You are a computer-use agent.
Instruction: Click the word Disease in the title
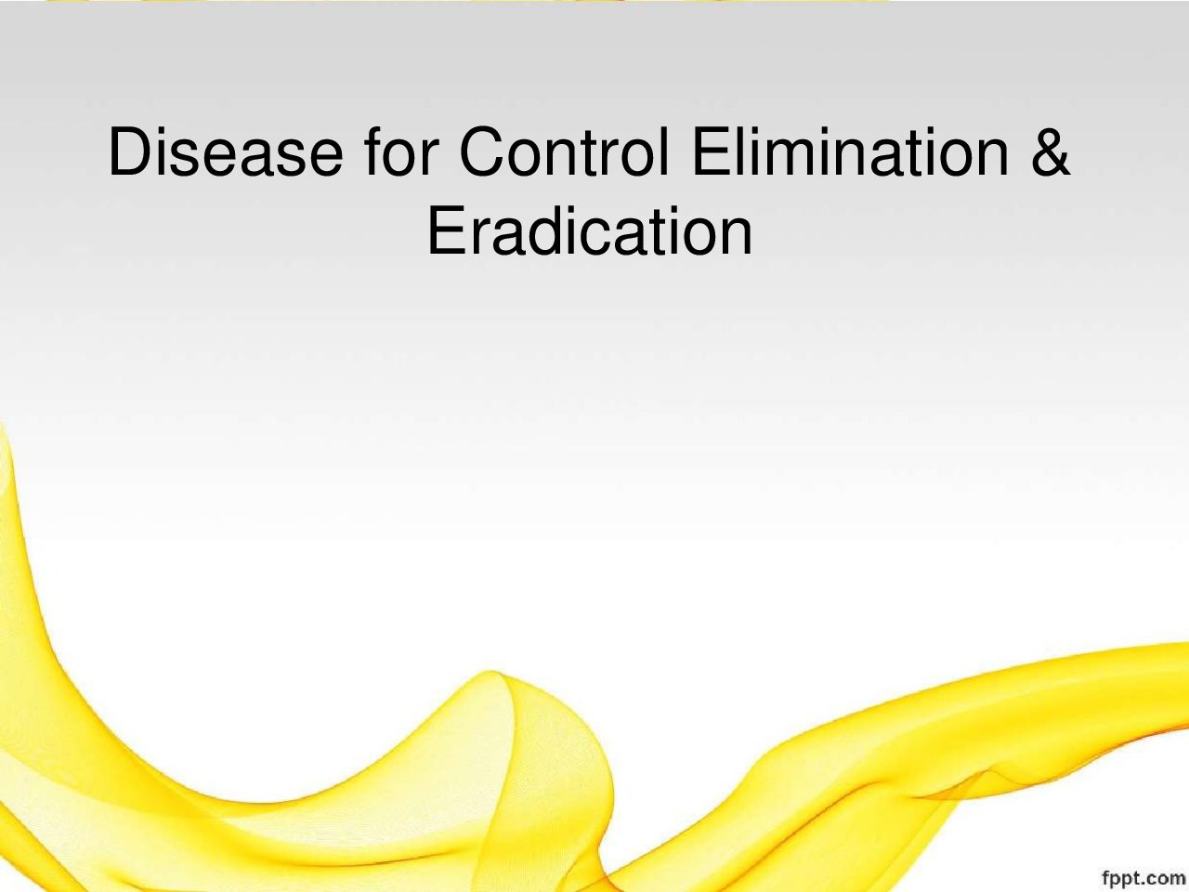click(x=226, y=151)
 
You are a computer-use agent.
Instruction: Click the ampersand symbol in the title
click(x=1051, y=151)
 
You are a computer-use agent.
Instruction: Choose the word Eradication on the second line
click(x=590, y=230)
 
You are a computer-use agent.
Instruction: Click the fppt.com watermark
click(x=1143, y=877)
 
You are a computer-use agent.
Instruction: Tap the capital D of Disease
click(x=131, y=151)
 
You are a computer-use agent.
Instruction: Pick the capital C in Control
click(x=482, y=151)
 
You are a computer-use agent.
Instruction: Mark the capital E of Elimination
click(x=712, y=151)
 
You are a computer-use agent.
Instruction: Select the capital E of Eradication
click(x=447, y=230)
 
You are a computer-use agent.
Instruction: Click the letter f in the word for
click(x=372, y=151)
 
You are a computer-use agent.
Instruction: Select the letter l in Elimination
click(x=745, y=151)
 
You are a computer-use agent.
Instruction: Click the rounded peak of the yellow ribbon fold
click(x=490, y=674)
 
